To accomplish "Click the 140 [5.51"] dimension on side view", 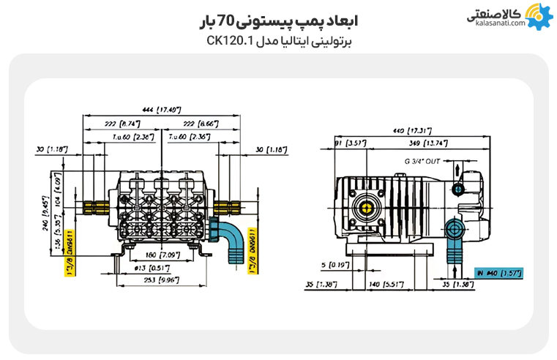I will (386, 282).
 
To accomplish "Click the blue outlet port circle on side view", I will (458, 190).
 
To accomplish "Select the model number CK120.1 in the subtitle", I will (229, 42).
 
